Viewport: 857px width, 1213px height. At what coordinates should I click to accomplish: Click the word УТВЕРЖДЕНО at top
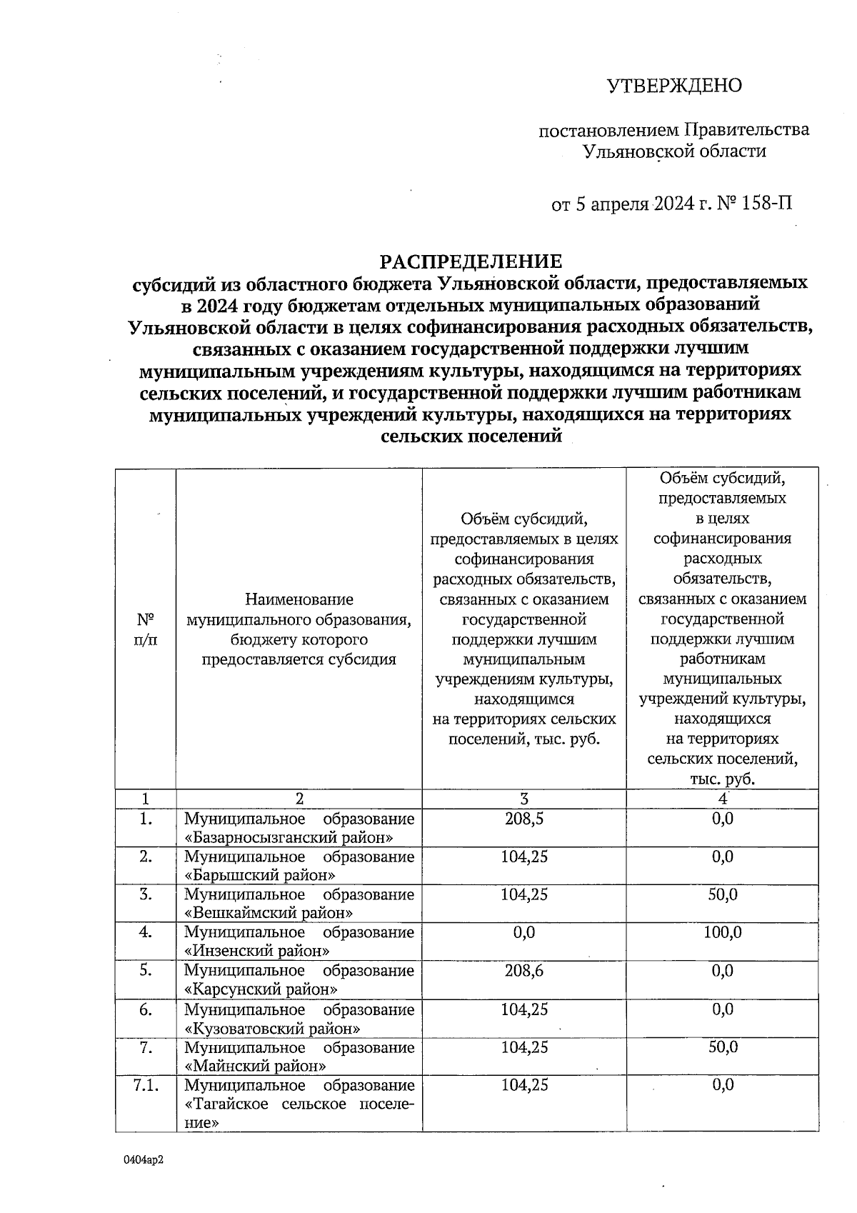click(x=674, y=86)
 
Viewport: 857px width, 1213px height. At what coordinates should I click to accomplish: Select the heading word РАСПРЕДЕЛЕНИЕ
click(x=471, y=261)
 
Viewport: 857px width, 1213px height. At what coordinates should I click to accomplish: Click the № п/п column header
click(x=146, y=629)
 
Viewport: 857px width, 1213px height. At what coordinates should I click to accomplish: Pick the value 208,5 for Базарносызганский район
click(x=523, y=819)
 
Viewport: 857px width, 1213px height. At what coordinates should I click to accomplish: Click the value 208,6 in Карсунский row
click(x=523, y=971)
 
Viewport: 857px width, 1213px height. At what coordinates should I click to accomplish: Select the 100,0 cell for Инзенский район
click(x=722, y=932)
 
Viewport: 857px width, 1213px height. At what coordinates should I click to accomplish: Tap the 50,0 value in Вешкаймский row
click(x=722, y=894)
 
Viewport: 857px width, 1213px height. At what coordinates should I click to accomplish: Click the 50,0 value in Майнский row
click(x=722, y=1047)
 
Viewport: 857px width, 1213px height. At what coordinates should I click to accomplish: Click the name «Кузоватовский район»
click(x=272, y=1029)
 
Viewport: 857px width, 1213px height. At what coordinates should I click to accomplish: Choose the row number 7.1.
click(x=146, y=1086)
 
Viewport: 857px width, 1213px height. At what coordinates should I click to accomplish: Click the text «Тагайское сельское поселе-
click(x=299, y=1104)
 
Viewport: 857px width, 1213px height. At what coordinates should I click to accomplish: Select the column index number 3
click(x=523, y=799)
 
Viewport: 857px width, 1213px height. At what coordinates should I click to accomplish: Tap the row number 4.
click(x=146, y=933)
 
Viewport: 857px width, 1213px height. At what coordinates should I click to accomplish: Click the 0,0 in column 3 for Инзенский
click(x=523, y=932)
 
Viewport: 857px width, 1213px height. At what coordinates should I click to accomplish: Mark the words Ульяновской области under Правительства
click(x=674, y=151)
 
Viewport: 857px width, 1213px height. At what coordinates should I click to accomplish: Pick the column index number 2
click(x=299, y=799)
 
